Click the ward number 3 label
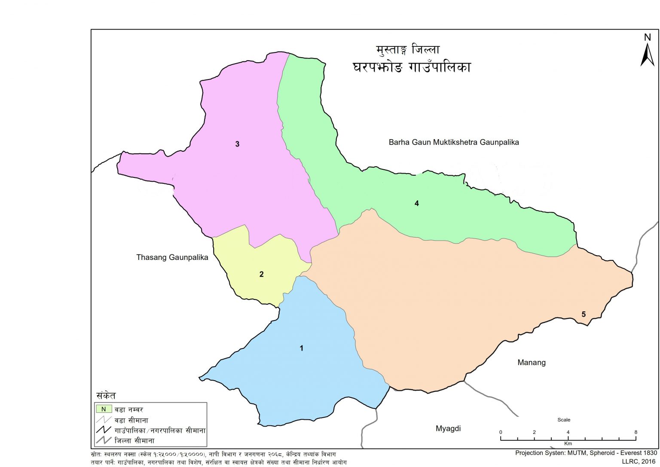coord(237,144)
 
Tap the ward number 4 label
coord(416,204)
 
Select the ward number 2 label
coord(261,274)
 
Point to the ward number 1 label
coord(301,348)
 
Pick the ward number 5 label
coord(584,314)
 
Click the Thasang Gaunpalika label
coord(172,257)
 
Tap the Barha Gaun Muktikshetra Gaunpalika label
coord(454,142)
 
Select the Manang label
coord(532,363)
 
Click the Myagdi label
coord(448,428)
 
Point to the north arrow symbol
coord(647,55)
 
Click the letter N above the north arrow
coord(648,37)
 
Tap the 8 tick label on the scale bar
coord(636,432)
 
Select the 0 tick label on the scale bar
coord(501,432)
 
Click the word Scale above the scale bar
coord(564,420)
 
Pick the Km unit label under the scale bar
coord(568,443)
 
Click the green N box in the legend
coord(104,409)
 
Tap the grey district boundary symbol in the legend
coord(104,440)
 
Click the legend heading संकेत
coord(106,396)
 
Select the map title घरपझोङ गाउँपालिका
coord(412,67)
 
